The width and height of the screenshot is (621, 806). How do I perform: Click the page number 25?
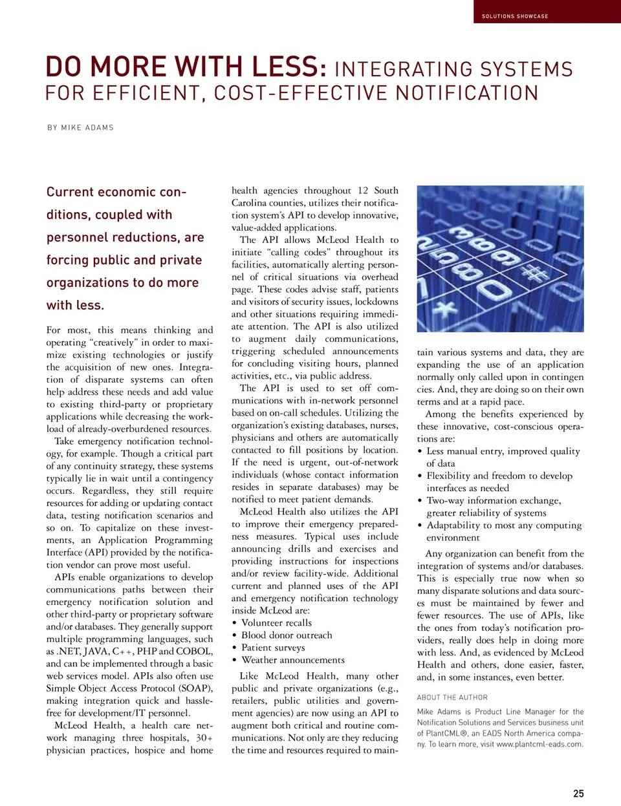(578, 793)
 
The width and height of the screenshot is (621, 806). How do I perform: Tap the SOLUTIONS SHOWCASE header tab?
(515, 16)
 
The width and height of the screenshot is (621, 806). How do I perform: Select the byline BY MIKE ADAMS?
(80, 128)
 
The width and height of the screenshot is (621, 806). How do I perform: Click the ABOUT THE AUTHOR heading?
(452, 697)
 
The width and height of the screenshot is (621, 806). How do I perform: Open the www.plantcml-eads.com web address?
(539, 744)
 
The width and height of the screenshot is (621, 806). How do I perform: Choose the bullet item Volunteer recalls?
(276, 622)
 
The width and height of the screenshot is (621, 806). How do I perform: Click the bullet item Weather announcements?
(292, 660)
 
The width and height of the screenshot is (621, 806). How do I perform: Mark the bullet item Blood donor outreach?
(287, 635)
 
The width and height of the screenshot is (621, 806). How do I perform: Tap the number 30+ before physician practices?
(204, 737)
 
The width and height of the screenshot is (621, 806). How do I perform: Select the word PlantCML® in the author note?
(447, 734)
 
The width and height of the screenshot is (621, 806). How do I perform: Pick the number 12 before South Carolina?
(363, 191)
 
